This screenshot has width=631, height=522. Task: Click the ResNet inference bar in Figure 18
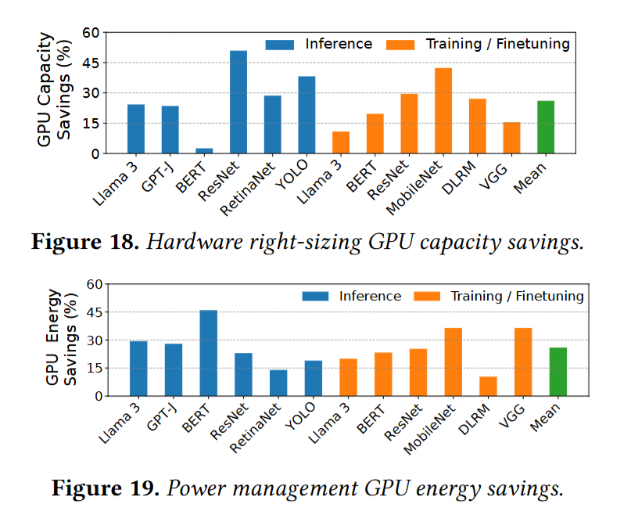click(238, 102)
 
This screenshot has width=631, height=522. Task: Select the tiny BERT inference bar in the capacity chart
click(204, 150)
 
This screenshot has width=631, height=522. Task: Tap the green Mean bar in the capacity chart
click(546, 127)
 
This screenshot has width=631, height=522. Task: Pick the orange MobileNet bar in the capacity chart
click(443, 110)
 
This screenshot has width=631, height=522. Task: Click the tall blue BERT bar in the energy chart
click(209, 353)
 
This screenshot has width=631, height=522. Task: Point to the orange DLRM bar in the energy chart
click(488, 386)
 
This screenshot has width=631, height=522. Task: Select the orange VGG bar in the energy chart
click(523, 362)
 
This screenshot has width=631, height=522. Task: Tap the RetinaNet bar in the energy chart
click(278, 383)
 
